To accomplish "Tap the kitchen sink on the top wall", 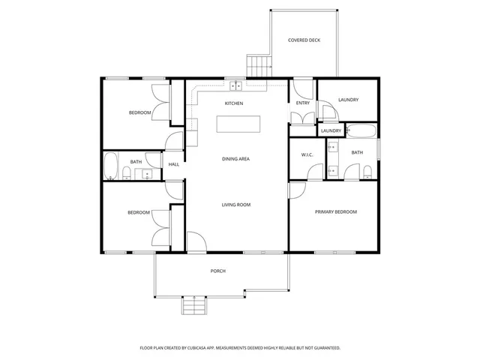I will [235, 85].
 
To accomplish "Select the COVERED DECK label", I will [304, 40].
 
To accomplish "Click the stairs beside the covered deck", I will [257, 65].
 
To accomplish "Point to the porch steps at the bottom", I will [193, 306].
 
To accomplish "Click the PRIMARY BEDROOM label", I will [335, 211].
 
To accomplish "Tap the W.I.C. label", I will [307, 154].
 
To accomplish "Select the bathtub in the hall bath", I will [111, 166].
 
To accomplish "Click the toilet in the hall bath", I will [127, 175].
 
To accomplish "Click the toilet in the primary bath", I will [366, 173].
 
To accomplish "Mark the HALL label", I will [173, 164].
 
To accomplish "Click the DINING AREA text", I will [235, 159].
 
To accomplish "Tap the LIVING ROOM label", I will [235, 205].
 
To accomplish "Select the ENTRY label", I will [302, 103].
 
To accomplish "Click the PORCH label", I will [217, 271].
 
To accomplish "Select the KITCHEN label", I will [233, 103].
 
